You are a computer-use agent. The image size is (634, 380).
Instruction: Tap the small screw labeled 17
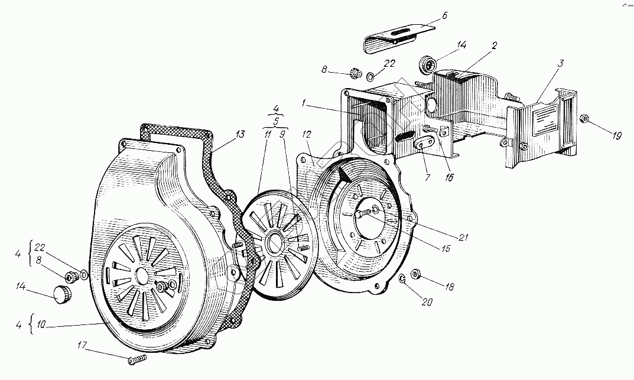[x=135, y=359]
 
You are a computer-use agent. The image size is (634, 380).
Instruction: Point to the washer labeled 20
[x=401, y=279]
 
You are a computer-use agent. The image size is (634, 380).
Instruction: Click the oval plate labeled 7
[x=424, y=144]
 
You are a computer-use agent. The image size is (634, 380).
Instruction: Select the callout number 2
[x=494, y=44]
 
